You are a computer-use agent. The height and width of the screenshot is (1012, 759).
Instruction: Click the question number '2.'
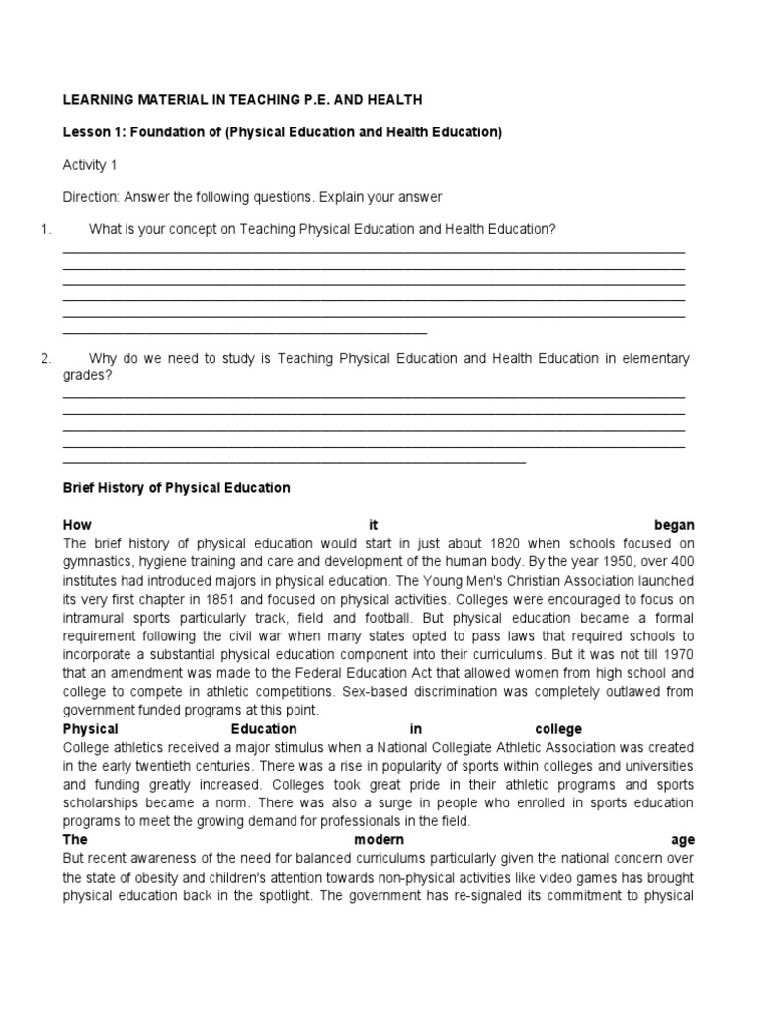(x=45, y=359)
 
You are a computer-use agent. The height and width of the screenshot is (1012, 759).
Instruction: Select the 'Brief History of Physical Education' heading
(x=176, y=488)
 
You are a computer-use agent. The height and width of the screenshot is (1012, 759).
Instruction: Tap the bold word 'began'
(x=674, y=525)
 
